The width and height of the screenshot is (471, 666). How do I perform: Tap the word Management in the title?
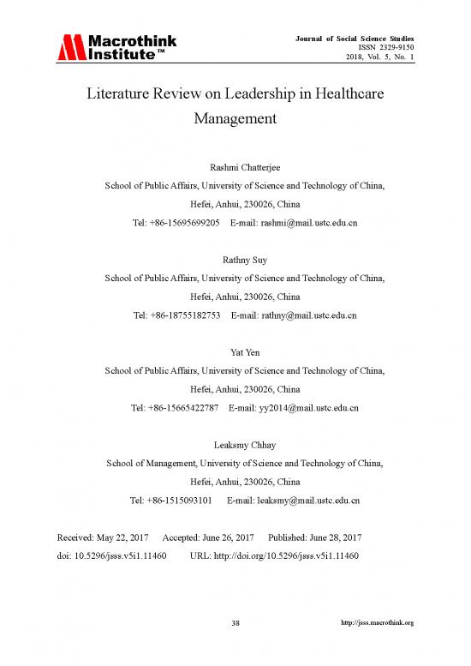coord(235,119)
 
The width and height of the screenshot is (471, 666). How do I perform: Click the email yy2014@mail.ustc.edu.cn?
coord(308,409)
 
